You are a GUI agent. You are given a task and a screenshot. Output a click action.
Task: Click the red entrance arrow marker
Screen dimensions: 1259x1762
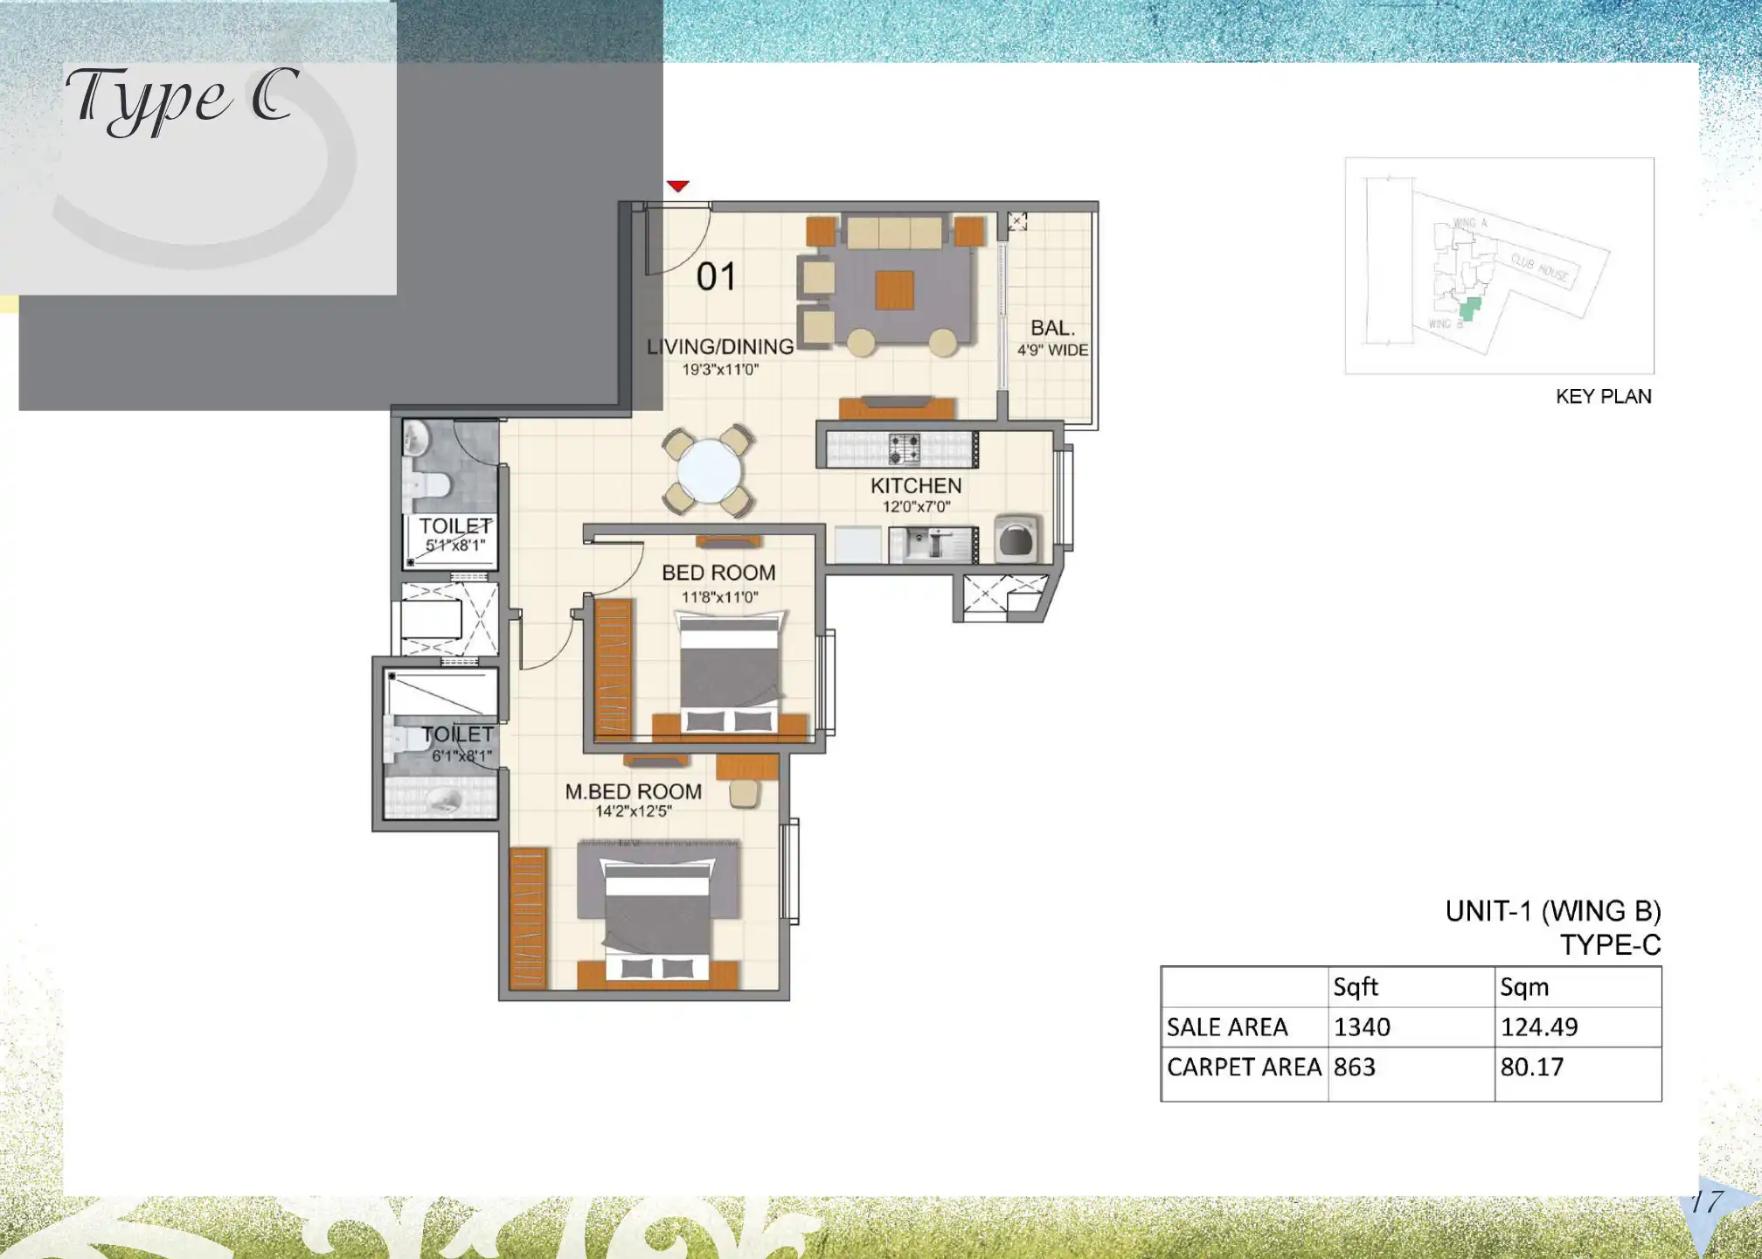tap(677, 185)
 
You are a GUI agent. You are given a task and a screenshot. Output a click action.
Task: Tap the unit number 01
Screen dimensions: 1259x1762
tap(716, 277)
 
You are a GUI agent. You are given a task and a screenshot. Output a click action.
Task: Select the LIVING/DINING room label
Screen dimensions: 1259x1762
tap(720, 347)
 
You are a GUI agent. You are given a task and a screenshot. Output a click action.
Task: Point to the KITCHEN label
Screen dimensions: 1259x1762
tap(915, 486)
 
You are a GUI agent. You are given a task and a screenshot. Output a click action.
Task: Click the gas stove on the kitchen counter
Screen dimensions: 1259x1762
tap(904, 449)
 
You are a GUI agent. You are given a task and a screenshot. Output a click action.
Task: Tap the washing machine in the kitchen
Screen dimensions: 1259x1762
tap(1016, 539)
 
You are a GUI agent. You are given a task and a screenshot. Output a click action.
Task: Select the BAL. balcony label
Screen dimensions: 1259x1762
tap(1052, 328)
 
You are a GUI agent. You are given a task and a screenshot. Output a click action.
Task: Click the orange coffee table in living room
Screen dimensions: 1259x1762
tap(894, 290)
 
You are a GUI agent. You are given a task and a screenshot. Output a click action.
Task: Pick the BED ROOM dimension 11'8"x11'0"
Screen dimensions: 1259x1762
tap(719, 597)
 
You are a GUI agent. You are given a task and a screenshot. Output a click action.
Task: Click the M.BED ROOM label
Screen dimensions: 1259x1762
tap(633, 791)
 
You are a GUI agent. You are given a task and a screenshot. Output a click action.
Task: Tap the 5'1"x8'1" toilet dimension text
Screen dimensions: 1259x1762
tap(454, 546)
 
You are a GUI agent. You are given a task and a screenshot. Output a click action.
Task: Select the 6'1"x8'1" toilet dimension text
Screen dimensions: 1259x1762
tap(461, 755)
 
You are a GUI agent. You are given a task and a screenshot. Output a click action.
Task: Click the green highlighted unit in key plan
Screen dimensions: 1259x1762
tap(1470, 309)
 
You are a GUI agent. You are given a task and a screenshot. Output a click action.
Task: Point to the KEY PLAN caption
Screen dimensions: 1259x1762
tap(1603, 397)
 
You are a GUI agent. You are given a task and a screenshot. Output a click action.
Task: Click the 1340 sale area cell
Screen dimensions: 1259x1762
tap(1362, 1027)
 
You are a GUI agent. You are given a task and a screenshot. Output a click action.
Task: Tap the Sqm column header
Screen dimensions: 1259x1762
tap(1524, 987)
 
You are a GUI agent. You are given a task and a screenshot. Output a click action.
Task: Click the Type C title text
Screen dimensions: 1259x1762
tap(182, 98)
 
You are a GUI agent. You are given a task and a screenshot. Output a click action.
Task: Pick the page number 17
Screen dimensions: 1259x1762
tap(1705, 1202)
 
